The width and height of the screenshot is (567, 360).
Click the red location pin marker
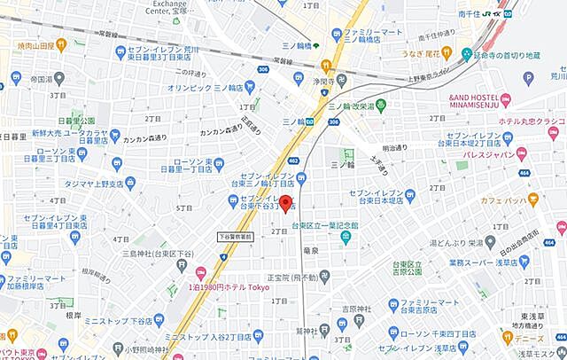tap(285, 204)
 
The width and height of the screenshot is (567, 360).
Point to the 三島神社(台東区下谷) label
tap(168, 254)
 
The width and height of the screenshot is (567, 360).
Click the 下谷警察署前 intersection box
tap(236, 237)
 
